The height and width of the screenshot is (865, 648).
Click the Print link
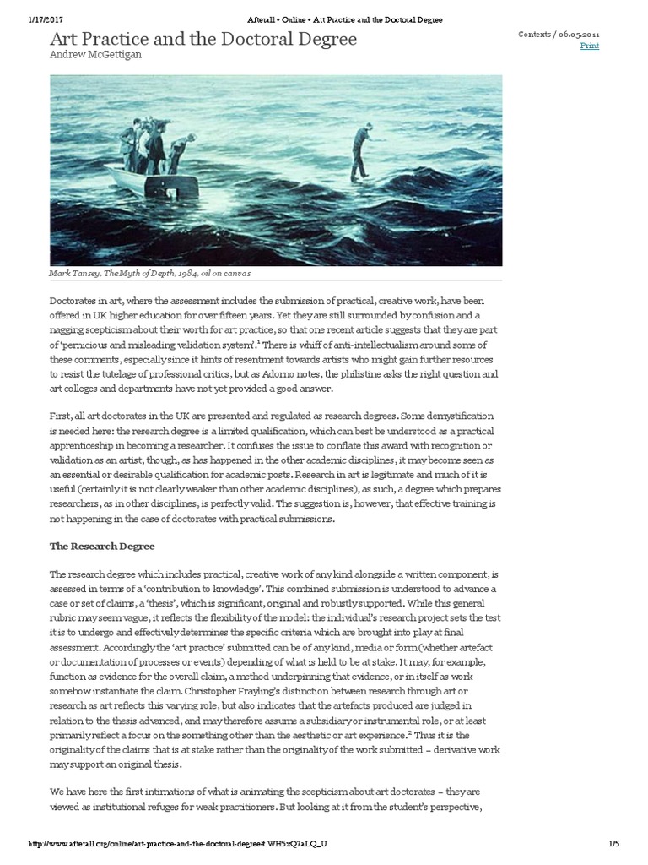point(590,46)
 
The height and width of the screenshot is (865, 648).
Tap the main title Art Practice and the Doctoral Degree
point(203,39)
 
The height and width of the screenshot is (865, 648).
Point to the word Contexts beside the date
point(533,33)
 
